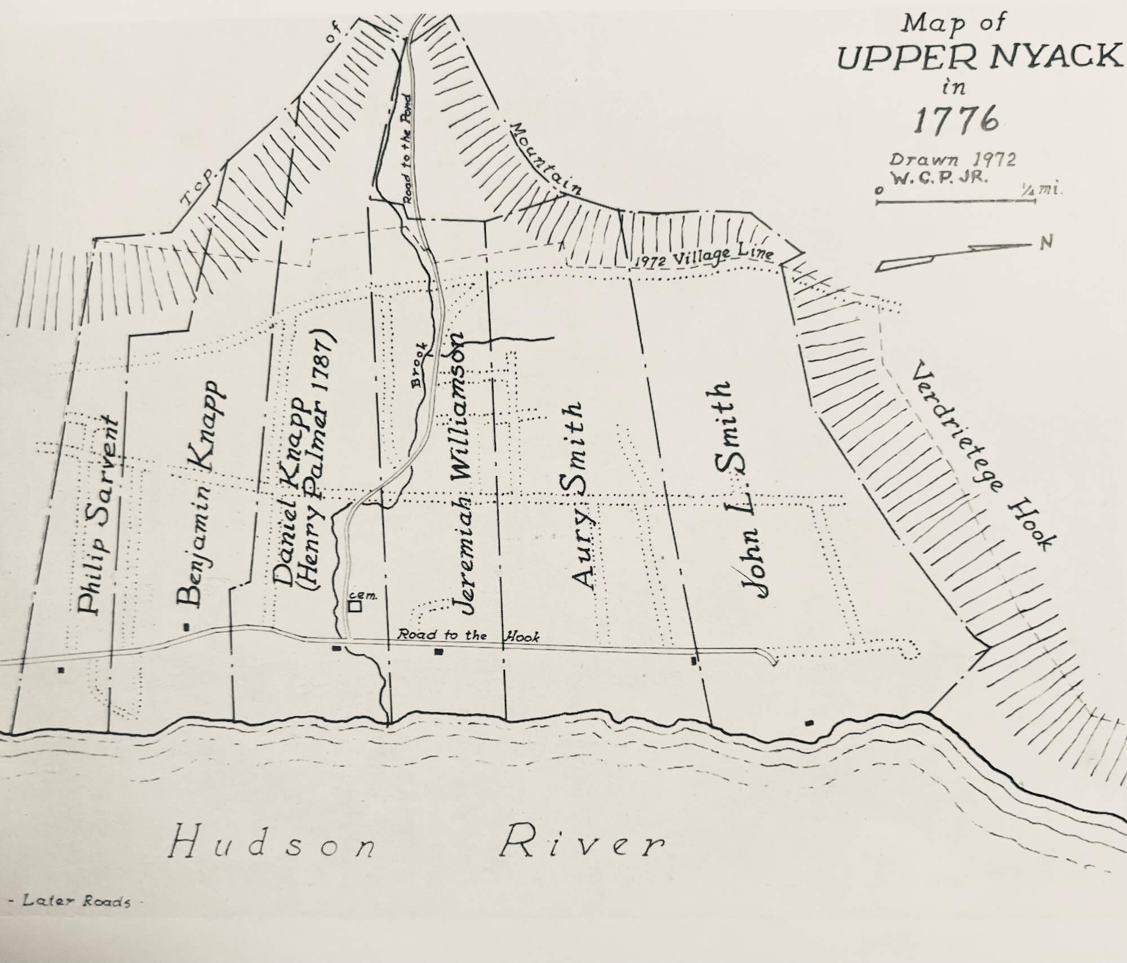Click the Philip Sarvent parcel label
pos(97,514)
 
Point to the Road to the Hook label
pos(468,635)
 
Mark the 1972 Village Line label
pos(703,257)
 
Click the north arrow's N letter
pos(1046,243)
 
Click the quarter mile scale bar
pos(955,201)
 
